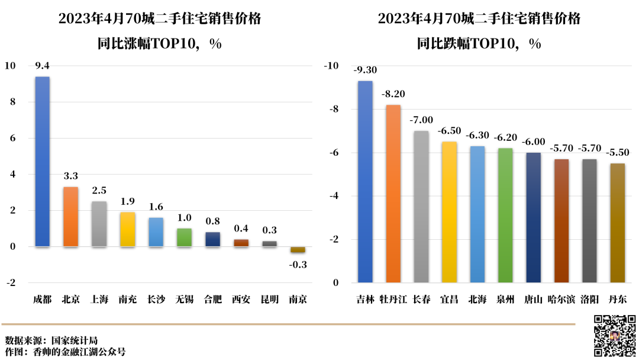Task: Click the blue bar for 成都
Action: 43,161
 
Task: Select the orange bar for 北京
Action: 71,216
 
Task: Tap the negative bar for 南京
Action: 298,250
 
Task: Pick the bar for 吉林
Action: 365,181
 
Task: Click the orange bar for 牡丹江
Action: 393,193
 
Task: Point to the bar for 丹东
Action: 617,223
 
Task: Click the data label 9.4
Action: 42,66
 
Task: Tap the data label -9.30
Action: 365,70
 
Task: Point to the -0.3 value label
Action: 298,265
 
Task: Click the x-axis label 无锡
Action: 184,300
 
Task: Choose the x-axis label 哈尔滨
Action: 561,300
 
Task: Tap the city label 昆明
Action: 269,300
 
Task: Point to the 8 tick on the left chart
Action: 11,102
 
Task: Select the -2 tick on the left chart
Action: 10,282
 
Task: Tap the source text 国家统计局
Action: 74,340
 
